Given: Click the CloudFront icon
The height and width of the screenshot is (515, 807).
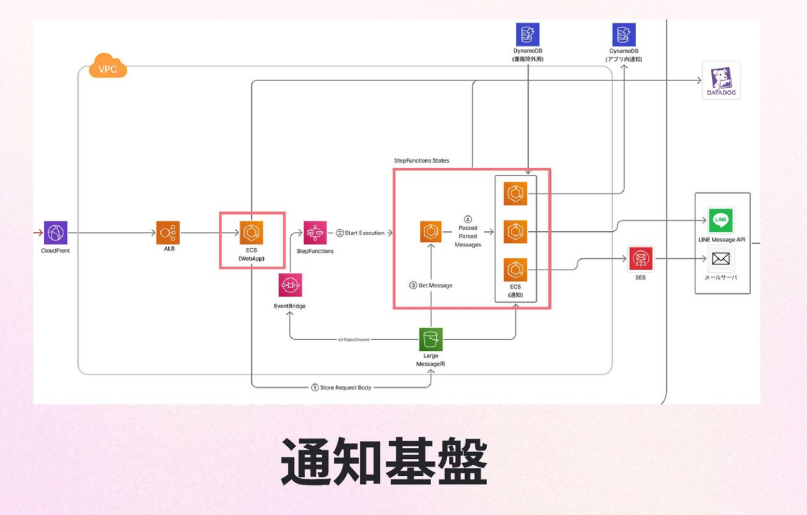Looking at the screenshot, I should (x=55, y=233).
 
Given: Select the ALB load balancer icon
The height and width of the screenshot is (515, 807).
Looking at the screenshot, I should (x=168, y=233).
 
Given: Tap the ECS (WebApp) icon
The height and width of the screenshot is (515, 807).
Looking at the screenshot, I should (x=251, y=233).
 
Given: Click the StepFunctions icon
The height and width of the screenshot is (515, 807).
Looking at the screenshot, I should (x=315, y=233).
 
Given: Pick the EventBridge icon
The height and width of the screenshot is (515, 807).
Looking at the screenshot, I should (x=290, y=285).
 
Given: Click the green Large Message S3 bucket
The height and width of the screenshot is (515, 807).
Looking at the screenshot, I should (x=431, y=339).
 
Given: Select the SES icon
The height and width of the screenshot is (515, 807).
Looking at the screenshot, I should (x=640, y=259).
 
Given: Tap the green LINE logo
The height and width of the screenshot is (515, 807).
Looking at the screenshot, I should (x=721, y=220).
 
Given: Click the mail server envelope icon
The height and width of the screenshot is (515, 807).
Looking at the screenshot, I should (x=721, y=259).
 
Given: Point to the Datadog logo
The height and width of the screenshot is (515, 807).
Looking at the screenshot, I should (x=721, y=80).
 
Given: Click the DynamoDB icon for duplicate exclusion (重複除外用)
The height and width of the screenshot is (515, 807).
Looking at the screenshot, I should (x=527, y=35).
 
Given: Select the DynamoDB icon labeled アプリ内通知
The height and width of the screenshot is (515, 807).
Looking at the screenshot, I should (x=624, y=35).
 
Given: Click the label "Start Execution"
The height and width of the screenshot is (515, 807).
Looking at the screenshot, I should (x=364, y=233).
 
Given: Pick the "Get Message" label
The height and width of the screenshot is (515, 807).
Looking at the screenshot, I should (x=435, y=286).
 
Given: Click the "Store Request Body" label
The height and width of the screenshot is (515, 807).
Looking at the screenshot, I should (x=345, y=388).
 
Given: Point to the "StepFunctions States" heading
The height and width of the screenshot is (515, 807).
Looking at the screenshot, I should (x=421, y=161).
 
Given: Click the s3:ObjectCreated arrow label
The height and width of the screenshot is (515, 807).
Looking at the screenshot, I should (x=353, y=340).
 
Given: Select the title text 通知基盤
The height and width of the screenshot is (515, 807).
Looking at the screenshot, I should (x=384, y=462).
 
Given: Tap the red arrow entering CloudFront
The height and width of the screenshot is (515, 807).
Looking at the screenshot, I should (x=38, y=233).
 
